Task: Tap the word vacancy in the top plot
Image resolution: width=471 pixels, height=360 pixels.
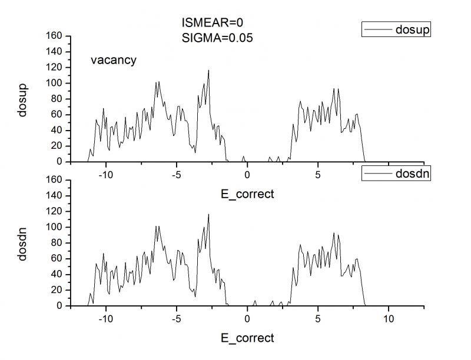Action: click(x=114, y=59)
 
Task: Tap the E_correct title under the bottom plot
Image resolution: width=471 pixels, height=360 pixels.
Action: click(x=247, y=338)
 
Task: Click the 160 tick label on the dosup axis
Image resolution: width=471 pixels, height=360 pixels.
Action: click(x=54, y=36)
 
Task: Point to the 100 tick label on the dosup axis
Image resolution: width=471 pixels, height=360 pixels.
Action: click(x=54, y=83)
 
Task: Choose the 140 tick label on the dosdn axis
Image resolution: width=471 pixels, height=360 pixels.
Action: click(x=54, y=195)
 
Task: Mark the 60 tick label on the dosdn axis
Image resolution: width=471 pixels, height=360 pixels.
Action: click(x=57, y=258)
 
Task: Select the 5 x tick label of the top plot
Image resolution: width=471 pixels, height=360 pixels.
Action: click(x=318, y=175)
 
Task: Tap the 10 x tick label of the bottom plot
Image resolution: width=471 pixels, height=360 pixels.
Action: click(x=389, y=319)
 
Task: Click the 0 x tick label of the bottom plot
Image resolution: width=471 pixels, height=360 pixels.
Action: click(x=247, y=319)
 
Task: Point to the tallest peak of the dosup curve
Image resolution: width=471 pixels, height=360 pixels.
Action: click(x=208, y=71)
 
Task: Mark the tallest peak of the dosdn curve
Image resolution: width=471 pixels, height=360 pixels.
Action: click(x=208, y=215)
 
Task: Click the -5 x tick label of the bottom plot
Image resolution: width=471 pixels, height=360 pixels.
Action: click(x=176, y=319)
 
